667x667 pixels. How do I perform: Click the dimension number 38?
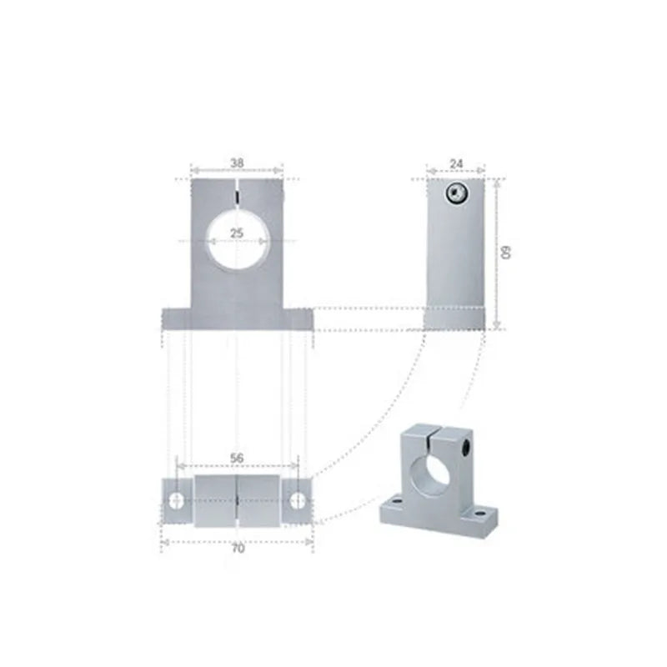tap(237, 164)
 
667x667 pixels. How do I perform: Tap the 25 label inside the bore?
tap(237, 233)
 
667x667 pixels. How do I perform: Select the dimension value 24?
tap(454, 164)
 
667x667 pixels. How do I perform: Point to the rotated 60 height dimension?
tap(505, 252)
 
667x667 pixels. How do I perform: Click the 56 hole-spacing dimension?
tap(237, 458)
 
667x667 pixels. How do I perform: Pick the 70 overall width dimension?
tap(238, 549)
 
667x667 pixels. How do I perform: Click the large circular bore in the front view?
tap(238, 240)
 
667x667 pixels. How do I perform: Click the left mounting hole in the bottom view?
tap(177, 500)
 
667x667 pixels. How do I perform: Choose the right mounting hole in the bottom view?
tap(298, 500)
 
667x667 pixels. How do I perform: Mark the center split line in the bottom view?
tap(238, 501)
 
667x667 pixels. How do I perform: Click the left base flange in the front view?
tap(174, 318)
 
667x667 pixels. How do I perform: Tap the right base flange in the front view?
tap(300, 318)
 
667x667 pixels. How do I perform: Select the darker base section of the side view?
tap(454, 317)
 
